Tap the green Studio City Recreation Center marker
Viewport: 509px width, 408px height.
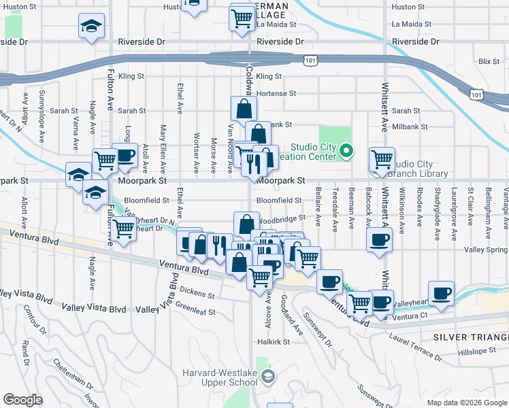click(346, 150)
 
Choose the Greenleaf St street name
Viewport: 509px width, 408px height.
click(195, 312)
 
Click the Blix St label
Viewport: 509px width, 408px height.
click(489, 61)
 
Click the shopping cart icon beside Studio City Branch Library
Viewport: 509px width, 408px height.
click(382, 160)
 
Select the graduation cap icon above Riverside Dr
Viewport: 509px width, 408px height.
click(90, 28)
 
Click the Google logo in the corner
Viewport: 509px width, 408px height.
click(22, 399)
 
